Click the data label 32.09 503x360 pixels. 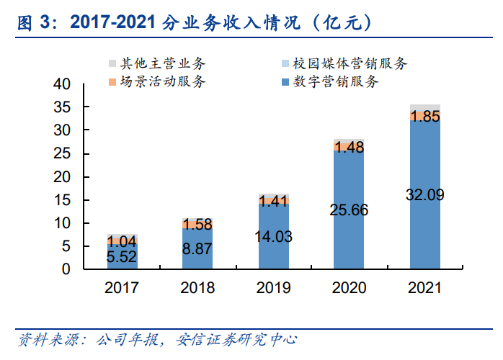tap(424, 194)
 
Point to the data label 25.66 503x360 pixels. tap(349, 210)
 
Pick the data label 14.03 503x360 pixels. tap(273, 236)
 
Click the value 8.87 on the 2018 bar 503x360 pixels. tap(197, 248)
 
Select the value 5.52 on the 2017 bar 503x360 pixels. tap(122, 256)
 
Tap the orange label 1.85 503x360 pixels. tap(424, 117)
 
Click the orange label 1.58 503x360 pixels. tap(197, 224)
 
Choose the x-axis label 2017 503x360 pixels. tap(122, 288)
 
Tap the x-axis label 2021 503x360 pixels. tap(424, 288)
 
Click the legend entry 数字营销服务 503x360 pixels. tap(335, 82)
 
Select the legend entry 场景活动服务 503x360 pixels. tap(162, 82)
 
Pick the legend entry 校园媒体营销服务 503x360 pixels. tap(350, 63)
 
